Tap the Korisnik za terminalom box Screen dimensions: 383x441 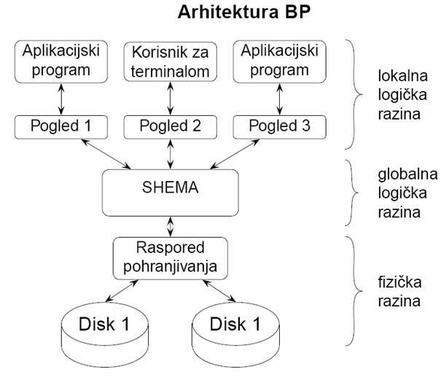coord(170,61)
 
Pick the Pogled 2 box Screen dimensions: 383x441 coord(170,125)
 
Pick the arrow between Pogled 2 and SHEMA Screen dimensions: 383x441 coord(170,154)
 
